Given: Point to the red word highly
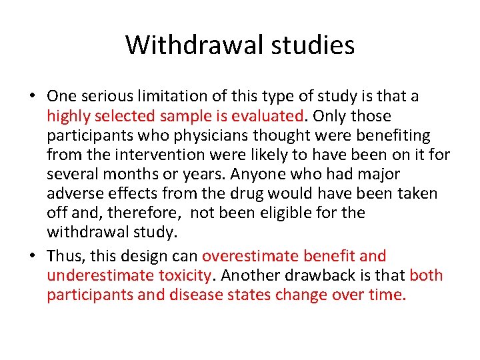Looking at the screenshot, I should click(68, 116).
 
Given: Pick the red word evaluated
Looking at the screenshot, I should click(267, 116).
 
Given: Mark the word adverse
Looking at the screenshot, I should click(71, 194).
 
